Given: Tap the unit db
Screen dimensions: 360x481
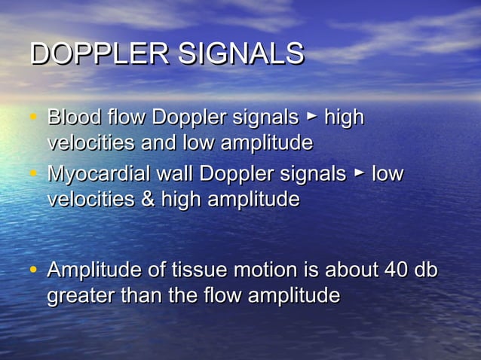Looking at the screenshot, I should (x=424, y=270).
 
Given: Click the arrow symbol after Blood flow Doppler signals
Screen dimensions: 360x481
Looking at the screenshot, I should (x=311, y=117).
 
